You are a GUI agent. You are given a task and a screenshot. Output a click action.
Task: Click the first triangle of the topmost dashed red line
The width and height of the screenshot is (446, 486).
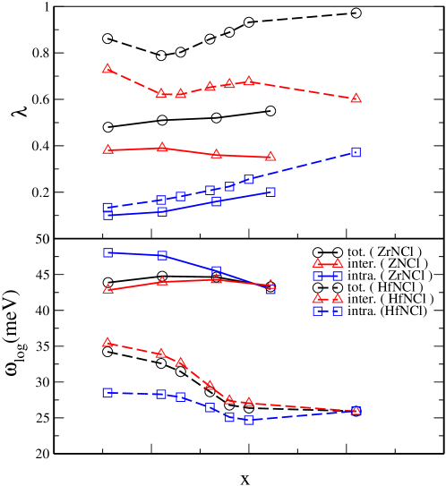tap(107, 68)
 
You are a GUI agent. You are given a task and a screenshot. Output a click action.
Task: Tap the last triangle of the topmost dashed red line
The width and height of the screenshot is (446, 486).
tap(356, 98)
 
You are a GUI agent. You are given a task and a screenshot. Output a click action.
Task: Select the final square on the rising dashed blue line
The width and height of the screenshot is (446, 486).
tap(356, 152)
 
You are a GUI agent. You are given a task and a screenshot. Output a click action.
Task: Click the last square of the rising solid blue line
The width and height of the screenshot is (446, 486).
tap(270, 192)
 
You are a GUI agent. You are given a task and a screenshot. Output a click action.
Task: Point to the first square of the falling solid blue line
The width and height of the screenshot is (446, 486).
tap(107, 252)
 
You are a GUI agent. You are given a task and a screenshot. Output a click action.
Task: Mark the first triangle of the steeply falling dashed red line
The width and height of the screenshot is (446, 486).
tap(107, 342)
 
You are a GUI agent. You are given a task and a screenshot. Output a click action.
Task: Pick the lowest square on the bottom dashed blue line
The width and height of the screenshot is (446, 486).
tap(248, 420)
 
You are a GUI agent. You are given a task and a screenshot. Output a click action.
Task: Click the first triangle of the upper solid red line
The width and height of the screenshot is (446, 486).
tap(107, 149)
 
